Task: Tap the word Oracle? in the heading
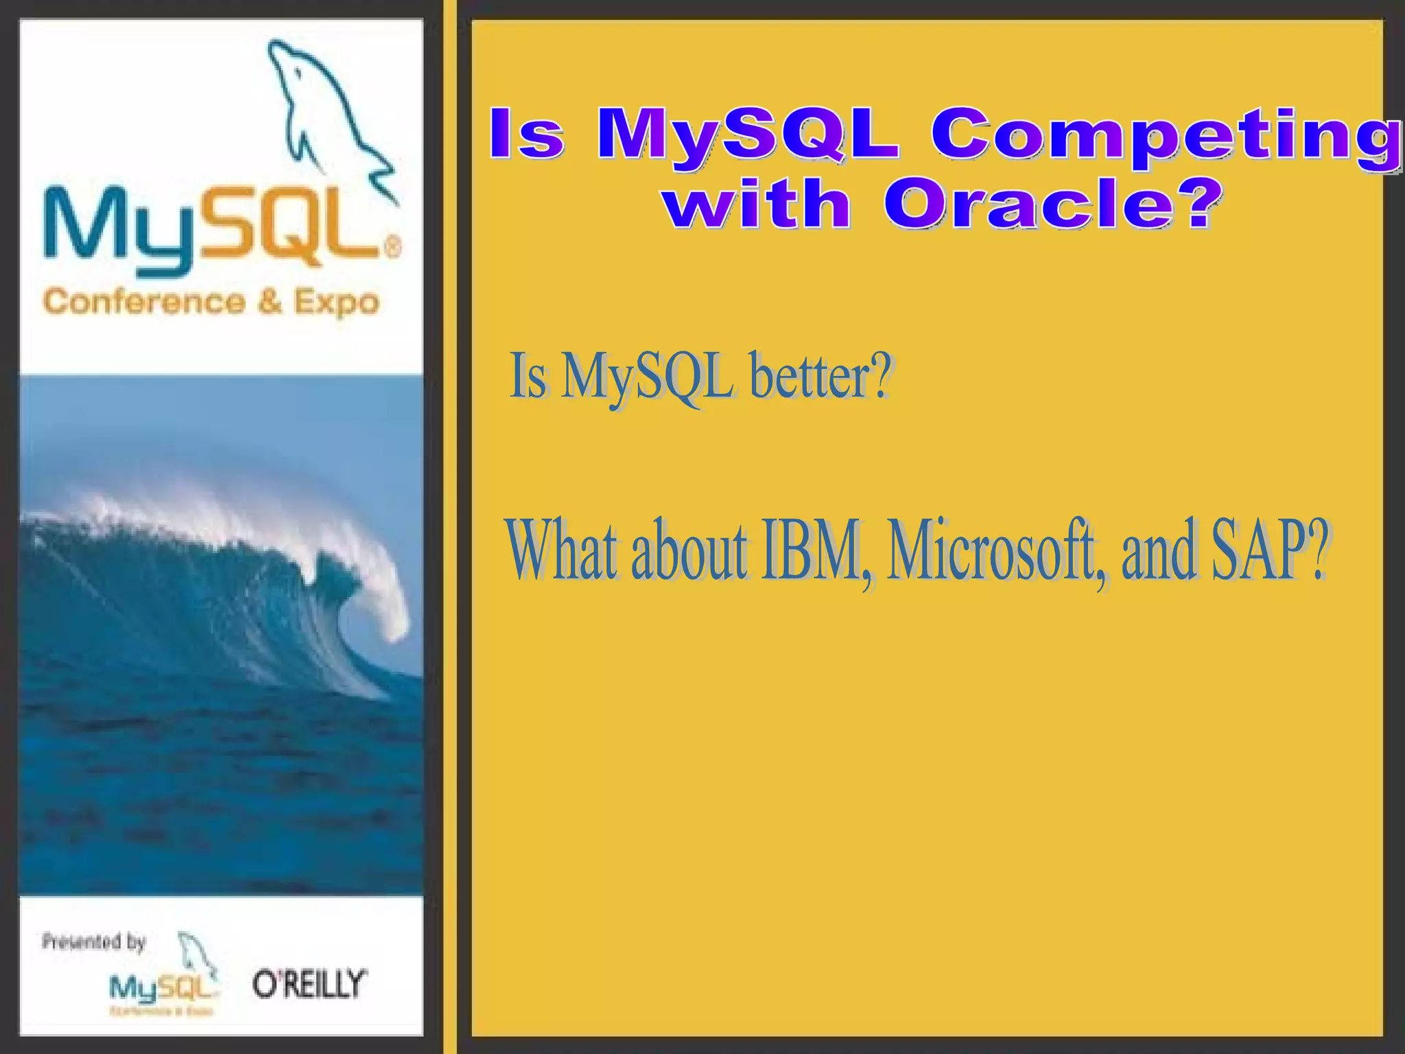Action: tap(1053, 204)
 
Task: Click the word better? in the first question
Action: tap(821, 377)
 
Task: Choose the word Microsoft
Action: tap(996, 552)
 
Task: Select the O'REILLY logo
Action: tap(309, 984)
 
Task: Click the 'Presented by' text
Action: tap(94, 941)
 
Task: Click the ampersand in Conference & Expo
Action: tap(270, 302)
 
